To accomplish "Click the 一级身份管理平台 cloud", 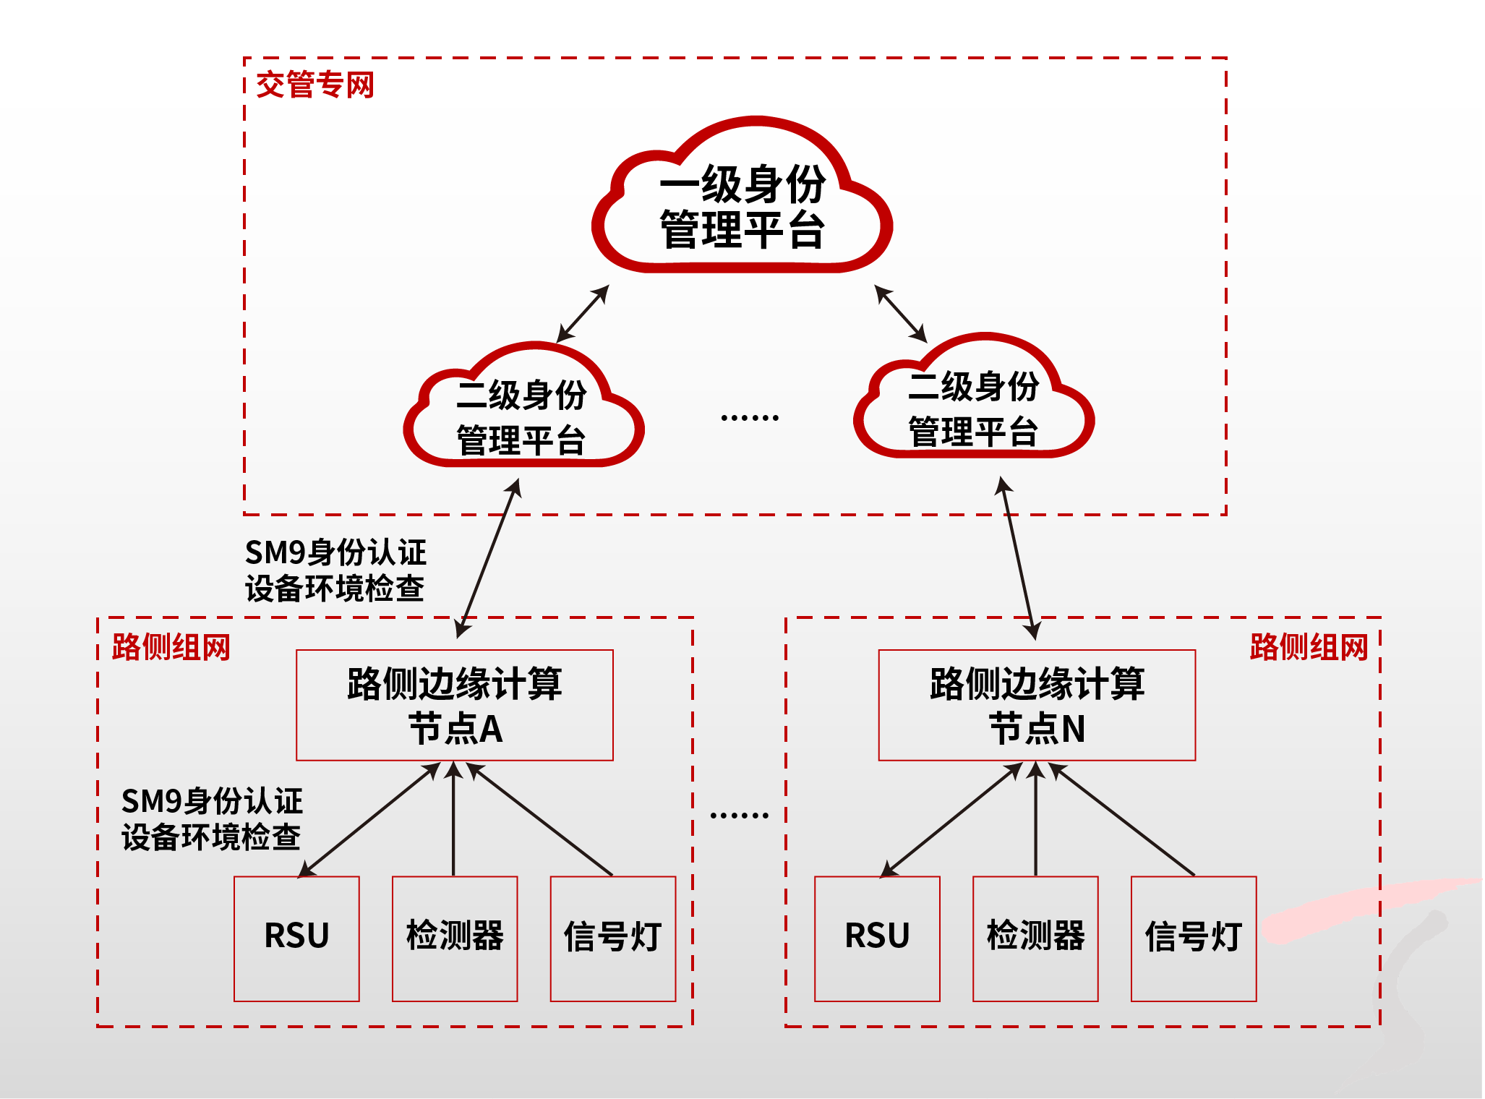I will click(742, 206).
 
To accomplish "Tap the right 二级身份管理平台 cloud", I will click(973, 409).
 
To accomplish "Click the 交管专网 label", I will click(315, 85).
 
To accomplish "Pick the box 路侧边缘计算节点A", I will click(455, 705).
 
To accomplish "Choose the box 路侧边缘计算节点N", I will click(1037, 705).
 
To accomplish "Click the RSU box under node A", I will click(296, 938).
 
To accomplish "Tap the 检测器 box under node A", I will click(455, 938).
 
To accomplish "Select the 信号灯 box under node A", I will click(613, 938).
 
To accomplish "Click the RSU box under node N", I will click(877, 938).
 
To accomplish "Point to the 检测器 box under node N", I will click(1035, 938).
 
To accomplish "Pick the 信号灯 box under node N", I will click(1194, 938).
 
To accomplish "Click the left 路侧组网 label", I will click(171, 647).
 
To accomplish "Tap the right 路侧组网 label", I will click(1309, 647).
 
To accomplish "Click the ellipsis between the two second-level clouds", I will click(750, 418).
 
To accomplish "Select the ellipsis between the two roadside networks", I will click(739, 816).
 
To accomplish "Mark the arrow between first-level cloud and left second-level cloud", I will click(583, 313).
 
